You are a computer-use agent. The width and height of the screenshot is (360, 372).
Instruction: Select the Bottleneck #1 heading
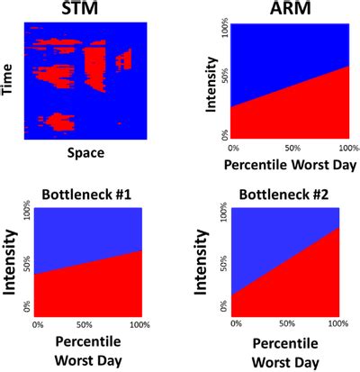[x=87, y=195]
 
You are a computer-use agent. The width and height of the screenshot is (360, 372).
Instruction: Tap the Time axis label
[x=9, y=80]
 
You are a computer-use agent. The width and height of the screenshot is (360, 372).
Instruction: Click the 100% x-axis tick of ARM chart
[x=343, y=146]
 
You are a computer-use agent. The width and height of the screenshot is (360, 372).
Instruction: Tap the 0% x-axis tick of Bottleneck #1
[x=38, y=323]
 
